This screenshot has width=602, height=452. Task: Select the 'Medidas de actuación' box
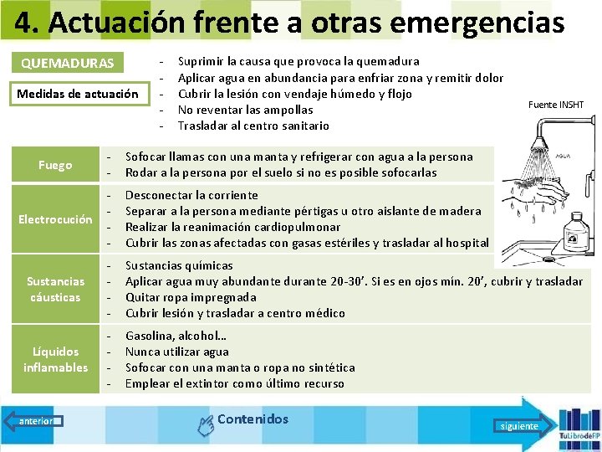[78, 93]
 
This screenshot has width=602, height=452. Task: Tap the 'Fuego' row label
[55, 165]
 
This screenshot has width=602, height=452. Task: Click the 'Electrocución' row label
[55, 219]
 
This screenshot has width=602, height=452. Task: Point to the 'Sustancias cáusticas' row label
[55, 289]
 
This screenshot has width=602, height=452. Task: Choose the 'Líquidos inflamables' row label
[55, 359]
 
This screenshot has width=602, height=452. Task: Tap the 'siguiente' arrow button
[521, 425]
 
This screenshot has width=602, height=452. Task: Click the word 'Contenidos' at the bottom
[253, 419]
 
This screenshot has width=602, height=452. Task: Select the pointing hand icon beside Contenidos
[205, 425]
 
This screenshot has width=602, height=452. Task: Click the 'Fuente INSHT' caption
[556, 105]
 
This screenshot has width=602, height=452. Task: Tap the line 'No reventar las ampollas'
[246, 110]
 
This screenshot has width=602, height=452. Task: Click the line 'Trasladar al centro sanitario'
[253, 126]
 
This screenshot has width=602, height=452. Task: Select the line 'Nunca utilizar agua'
[176, 352]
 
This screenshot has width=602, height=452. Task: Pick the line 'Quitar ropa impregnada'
[191, 297]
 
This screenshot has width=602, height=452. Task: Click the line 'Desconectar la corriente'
[191, 195]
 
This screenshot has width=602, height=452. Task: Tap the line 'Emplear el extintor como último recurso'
[235, 383]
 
